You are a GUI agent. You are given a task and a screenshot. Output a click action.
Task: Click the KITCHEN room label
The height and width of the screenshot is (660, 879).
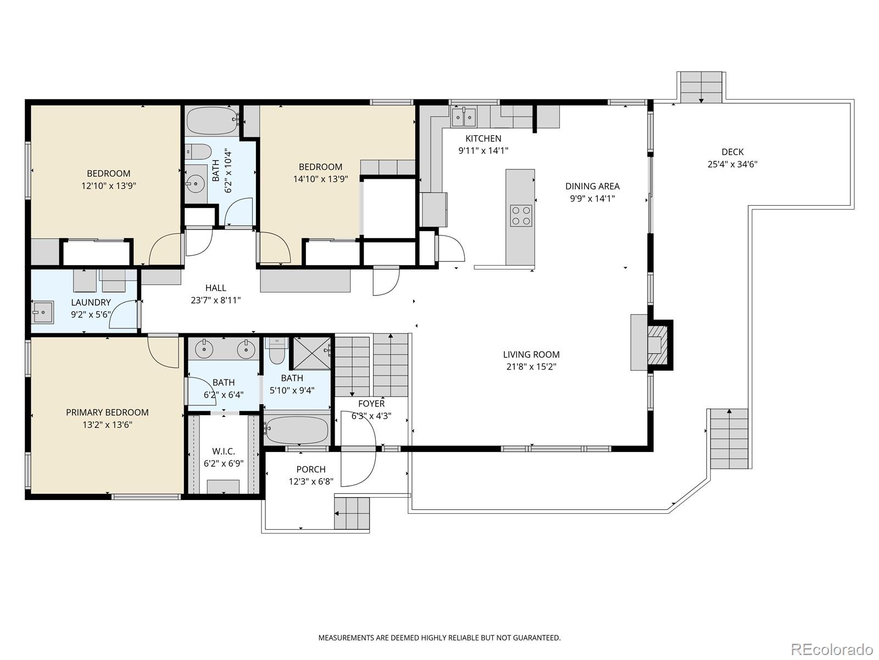(x=483, y=139)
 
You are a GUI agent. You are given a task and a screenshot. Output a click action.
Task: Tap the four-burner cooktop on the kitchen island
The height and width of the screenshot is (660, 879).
(x=521, y=216)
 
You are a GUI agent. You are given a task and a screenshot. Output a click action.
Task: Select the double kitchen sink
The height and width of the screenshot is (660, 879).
(x=464, y=117)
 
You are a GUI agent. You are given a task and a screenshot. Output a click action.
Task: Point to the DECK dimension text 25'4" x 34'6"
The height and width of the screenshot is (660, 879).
(x=732, y=164)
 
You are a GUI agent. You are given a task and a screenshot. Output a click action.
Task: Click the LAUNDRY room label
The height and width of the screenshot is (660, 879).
(x=91, y=302)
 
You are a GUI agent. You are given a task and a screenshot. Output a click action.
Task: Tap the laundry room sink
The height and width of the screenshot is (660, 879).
(x=42, y=312)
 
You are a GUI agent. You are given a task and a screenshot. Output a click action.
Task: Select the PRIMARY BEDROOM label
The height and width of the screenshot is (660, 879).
(x=107, y=413)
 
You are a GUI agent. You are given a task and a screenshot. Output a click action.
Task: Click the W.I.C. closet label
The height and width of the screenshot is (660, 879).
(x=223, y=452)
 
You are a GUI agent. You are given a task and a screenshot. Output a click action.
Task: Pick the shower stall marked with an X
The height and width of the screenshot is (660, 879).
(x=311, y=353)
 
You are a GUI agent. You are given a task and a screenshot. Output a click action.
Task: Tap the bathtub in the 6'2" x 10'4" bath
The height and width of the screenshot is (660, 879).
(x=212, y=120)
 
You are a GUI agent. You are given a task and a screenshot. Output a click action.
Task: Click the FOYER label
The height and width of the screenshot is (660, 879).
(x=371, y=404)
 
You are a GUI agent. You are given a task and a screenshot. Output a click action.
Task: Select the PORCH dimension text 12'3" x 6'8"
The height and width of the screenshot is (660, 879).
(x=311, y=482)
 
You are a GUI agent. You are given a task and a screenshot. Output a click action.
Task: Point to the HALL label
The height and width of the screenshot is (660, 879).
(x=215, y=288)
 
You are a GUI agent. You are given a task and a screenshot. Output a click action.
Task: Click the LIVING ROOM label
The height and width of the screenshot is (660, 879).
(x=531, y=355)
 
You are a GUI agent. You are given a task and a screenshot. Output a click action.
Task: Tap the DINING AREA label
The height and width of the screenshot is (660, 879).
(x=592, y=186)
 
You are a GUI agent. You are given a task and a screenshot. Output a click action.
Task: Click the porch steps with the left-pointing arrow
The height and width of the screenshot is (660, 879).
(x=352, y=513)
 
